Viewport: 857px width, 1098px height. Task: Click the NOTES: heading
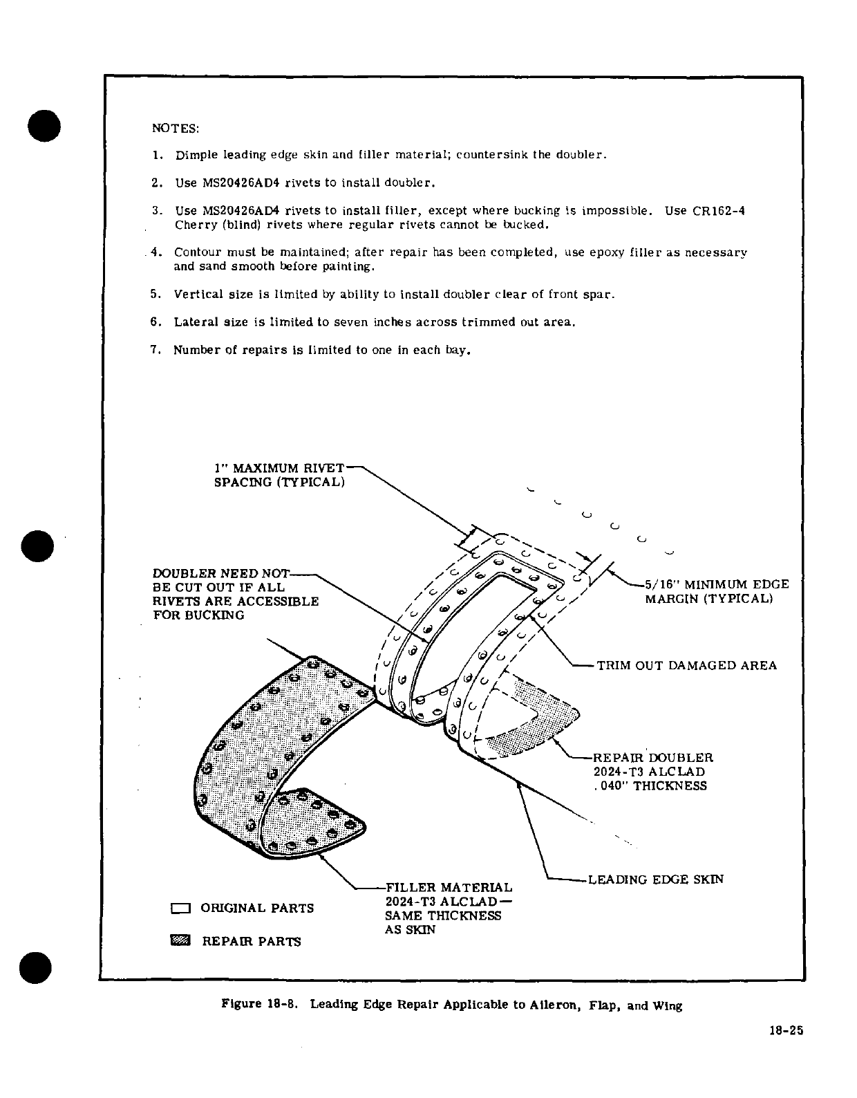pyautogui.click(x=175, y=129)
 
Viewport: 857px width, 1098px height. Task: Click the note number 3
pyautogui.click(x=156, y=210)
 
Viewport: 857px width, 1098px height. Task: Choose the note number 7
pyautogui.click(x=156, y=350)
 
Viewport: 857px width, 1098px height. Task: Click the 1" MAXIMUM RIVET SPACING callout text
pyautogui.click(x=279, y=475)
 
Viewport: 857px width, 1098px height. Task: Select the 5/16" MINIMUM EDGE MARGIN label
pyautogui.click(x=716, y=591)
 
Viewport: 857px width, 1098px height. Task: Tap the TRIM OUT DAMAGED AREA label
pyautogui.click(x=686, y=666)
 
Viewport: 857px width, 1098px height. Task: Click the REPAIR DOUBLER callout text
pyautogui.click(x=652, y=758)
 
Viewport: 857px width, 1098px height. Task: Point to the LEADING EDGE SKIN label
pyautogui.click(x=655, y=880)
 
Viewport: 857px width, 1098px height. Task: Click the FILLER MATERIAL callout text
pyautogui.click(x=449, y=887)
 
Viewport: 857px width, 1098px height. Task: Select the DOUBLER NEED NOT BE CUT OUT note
pyautogui.click(x=235, y=595)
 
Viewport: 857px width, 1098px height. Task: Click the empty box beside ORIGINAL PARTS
pyautogui.click(x=181, y=909)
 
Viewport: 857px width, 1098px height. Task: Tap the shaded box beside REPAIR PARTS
pyautogui.click(x=181, y=941)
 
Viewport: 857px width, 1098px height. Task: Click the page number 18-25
pyautogui.click(x=786, y=1030)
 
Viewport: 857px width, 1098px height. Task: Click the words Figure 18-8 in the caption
pyautogui.click(x=259, y=1005)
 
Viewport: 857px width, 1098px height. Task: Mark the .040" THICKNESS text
pyautogui.click(x=650, y=786)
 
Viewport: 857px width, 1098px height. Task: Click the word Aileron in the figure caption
pyautogui.click(x=554, y=1005)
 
